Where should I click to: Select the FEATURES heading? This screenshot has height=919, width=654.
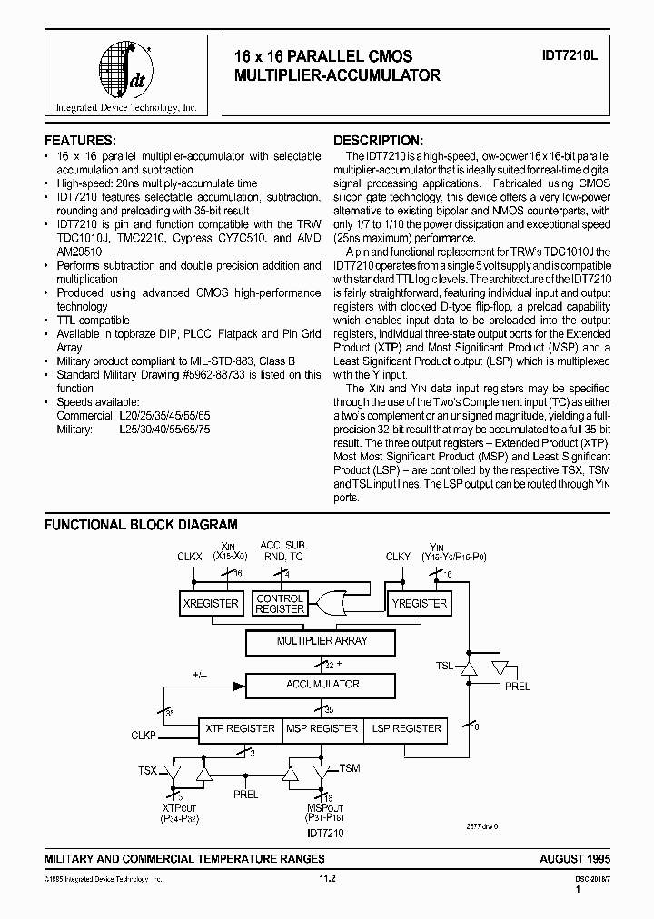click(x=80, y=141)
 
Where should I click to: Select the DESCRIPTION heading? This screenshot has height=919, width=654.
click(x=378, y=141)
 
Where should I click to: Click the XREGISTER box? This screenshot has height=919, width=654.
click(x=211, y=604)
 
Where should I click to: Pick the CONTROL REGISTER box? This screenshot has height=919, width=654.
click(x=280, y=604)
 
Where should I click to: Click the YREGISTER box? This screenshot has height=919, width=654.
click(x=420, y=604)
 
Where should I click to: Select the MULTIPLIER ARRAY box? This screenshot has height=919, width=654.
click(x=322, y=642)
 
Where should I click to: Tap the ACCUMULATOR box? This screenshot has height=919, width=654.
click(x=322, y=685)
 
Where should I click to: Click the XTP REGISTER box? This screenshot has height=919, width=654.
click(x=240, y=729)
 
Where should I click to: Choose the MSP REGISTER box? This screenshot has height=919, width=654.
click(x=322, y=729)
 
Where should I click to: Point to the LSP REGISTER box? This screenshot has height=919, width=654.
click(x=405, y=729)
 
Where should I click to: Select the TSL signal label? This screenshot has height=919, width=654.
click(x=443, y=666)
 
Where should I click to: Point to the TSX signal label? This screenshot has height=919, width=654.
click(x=146, y=770)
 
